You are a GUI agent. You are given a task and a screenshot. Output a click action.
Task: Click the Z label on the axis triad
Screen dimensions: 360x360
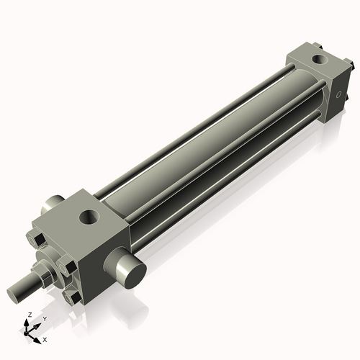30,315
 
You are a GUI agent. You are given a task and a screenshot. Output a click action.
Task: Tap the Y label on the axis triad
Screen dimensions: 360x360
45,319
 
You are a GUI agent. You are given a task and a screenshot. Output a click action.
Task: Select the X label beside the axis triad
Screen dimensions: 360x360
45,340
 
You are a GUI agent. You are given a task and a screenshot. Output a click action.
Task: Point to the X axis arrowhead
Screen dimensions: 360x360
37,340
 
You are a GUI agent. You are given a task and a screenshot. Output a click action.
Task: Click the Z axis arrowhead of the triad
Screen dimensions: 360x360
27,323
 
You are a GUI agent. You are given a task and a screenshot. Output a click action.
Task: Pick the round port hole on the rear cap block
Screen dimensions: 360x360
320,59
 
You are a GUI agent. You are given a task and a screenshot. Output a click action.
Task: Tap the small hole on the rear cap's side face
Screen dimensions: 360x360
338,94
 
